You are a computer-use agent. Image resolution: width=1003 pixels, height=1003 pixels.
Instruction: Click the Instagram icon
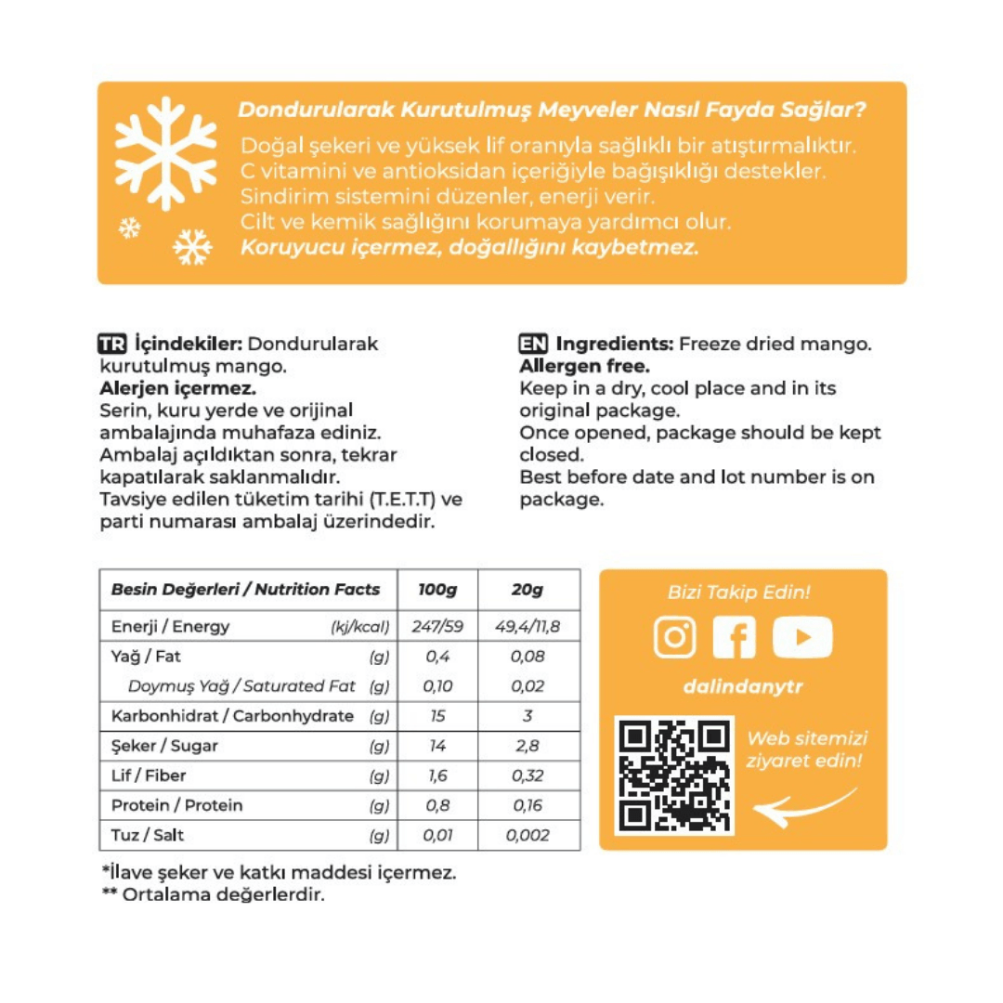tap(675, 638)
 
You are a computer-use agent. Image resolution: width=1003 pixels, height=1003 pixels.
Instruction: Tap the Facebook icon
tap(735, 638)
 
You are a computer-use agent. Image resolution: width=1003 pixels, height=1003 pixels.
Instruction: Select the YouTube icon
tap(802, 638)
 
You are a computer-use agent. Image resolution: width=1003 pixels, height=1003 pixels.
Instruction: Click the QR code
tap(674, 775)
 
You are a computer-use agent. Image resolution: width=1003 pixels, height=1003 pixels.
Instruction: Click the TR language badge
tap(111, 344)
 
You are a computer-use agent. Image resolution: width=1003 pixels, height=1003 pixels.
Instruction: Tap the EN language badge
tap(532, 344)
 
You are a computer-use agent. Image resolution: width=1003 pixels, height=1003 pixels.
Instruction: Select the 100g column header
tap(437, 590)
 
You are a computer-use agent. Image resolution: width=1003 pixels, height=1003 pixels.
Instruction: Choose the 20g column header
tap(527, 590)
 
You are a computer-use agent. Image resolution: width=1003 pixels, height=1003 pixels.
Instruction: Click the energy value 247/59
tap(437, 627)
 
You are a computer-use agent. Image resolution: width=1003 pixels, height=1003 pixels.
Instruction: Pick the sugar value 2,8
tap(527, 746)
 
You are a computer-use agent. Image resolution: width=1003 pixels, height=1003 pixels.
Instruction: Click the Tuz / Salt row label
tap(148, 835)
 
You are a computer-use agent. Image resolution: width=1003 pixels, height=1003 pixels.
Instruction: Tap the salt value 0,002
tap(527, 835)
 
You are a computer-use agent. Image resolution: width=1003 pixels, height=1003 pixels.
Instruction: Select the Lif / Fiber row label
tap(147, 775)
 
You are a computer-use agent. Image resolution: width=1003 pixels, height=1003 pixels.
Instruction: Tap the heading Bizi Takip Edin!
tap(739, 592)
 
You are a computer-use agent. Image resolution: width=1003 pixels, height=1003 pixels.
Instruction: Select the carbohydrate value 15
tap(437, 716)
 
